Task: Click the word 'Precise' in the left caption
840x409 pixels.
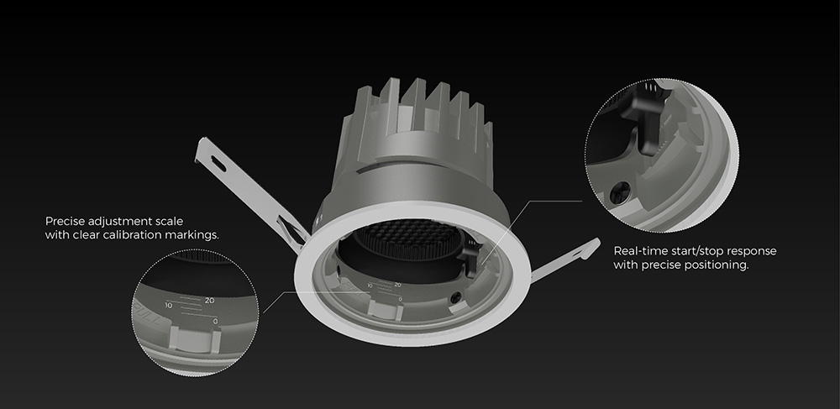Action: pyautogui.click(x=65, y=221)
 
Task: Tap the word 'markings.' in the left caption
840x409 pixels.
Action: pyautogui.click(x=198, y=235)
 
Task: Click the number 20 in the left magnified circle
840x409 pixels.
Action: pyautogui.click(x=209, y=300)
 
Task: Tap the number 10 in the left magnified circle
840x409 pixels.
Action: pyautogui.click(x=169, y=305)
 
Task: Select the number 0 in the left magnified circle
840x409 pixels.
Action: pyautogui.click(x=216, y=322)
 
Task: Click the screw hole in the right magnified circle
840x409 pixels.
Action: pyautogui.click(x=621, y=191)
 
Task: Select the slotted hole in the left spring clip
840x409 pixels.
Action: pyautogui.click(x=215, y=159)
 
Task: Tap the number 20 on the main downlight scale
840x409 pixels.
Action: pyautogui.click(x=396, y=285)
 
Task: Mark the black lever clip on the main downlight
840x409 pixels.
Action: pyautogui.click(x=472, y=251)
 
